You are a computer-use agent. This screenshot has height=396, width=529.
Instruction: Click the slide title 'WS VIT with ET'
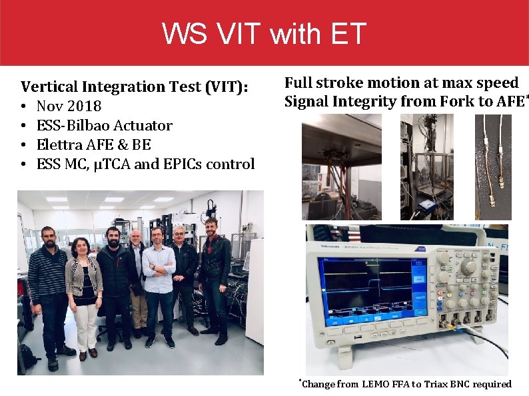[x=264, y=33]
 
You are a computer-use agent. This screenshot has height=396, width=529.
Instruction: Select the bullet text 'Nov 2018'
[x=69, y=106]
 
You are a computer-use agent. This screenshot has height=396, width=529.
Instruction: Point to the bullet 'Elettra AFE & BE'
[x=93, y=144]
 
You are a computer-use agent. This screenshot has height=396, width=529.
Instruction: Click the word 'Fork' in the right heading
[x=456, y=101]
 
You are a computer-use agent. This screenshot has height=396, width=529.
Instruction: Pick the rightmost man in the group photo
[x=215, y=273]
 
